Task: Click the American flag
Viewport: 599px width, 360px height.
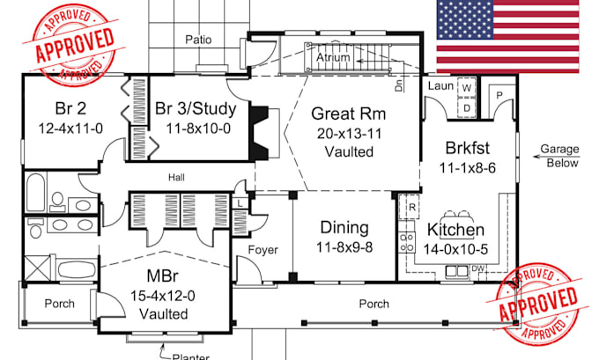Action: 507,36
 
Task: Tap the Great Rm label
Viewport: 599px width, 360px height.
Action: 349,114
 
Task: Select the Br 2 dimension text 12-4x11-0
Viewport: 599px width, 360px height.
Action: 70,129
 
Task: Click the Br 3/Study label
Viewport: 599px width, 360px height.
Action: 196,109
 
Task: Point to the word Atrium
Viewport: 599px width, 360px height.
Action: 333,57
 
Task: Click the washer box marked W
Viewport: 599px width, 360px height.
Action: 467,88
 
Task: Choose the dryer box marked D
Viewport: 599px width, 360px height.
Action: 467,107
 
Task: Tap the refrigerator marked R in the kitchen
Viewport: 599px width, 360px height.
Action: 412,208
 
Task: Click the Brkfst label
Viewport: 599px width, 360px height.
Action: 468,148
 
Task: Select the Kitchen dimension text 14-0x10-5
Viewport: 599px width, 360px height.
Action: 455,249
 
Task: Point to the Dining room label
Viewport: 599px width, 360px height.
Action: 344,227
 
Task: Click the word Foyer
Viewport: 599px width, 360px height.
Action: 263,250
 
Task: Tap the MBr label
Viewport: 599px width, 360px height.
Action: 162,276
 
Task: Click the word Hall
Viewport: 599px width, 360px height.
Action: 176,178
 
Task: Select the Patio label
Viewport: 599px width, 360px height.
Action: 198,40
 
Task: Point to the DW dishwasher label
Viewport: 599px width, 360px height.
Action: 478,268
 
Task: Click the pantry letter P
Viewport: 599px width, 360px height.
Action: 499,95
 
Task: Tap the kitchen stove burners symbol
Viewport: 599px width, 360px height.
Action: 407,242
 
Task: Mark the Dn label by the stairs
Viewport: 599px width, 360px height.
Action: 399,85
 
